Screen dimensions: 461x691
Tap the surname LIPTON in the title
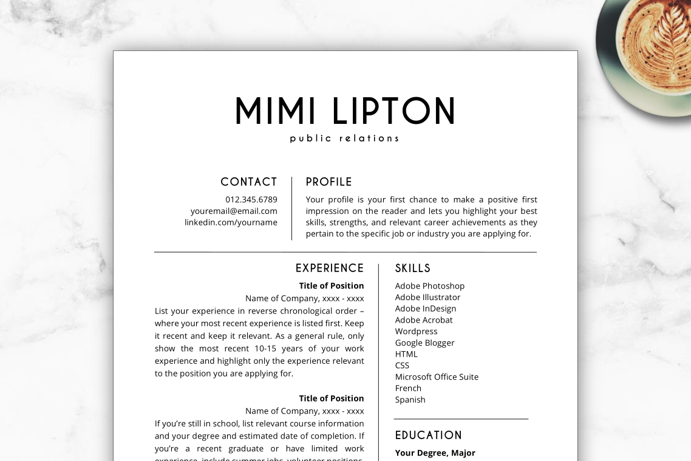(394, 111)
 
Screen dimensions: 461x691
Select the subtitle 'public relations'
(344, 138)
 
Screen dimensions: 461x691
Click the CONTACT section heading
(248, 182)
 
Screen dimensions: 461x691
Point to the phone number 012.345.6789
(251, 200)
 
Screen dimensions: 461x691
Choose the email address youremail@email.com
(234, 211)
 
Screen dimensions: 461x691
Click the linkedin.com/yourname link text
(231, 223)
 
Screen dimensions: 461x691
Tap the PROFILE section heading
(329, 182)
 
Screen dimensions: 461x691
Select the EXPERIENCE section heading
(330, 268)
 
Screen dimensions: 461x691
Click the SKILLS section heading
(413, 268)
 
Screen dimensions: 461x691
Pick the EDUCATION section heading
(429, 435)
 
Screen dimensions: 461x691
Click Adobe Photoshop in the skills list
(430, 286)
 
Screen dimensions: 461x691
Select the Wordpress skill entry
(416, 332)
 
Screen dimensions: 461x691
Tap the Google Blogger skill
(424, 343)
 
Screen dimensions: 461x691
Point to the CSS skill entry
(402, 366)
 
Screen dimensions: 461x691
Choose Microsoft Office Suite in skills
(437, 377)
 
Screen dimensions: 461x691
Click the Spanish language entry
(410, 400)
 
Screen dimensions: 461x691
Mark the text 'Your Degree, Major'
(435, 453)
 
